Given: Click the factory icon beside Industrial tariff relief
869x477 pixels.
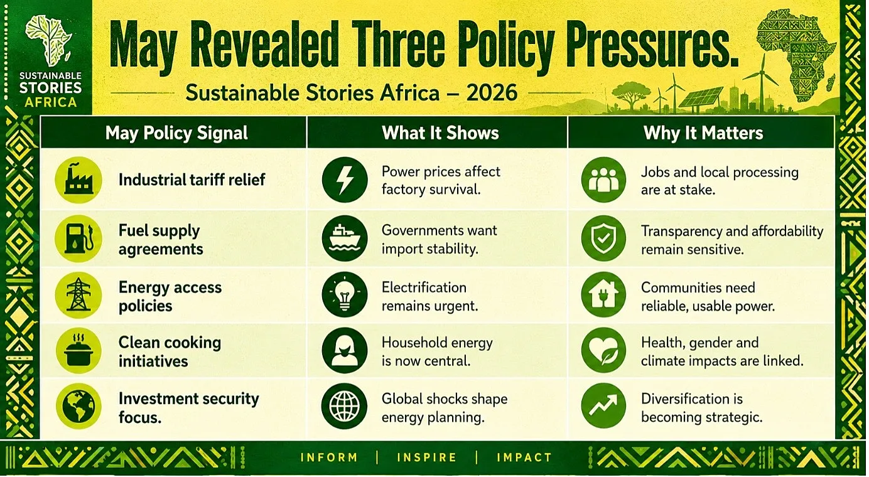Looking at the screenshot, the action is pyautogui.click(x=78, y=180).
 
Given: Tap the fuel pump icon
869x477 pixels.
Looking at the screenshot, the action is pyautogui.click(x=78, y=238).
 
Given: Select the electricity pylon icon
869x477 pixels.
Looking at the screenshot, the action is pyautogui.click(x=78, y=295).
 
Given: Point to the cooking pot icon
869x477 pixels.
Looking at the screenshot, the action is pyautogui.click(x=78, y=350).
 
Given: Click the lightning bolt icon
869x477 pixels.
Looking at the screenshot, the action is pyautogui.click(x=345, y=180).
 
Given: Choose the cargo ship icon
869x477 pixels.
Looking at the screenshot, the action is pyautogui.click(x=345, y=238).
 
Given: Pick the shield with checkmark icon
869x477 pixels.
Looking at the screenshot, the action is pyautogui.click(x=603, y=238).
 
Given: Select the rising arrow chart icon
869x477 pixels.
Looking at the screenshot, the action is pyautogui.click(x=603, y=405).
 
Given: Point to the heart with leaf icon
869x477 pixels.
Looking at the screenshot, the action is pyautogui.click(x=603, y=350).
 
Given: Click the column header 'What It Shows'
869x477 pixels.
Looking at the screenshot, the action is pyautogui.click(x=440, y=133).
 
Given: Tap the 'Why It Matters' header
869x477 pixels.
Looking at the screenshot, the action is pyautogui.click(x=703, y=133).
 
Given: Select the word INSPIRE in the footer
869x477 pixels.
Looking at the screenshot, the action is pyautogui.click(x=427, y=458).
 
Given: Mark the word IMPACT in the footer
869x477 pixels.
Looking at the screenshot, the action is pyautogui.click(x=524, y=458).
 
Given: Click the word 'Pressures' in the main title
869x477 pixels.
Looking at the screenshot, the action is pyautogui.click(x=652, y=46).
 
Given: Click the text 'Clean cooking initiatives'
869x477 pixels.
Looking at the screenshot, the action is pyautogui.click(x=170, y=351).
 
